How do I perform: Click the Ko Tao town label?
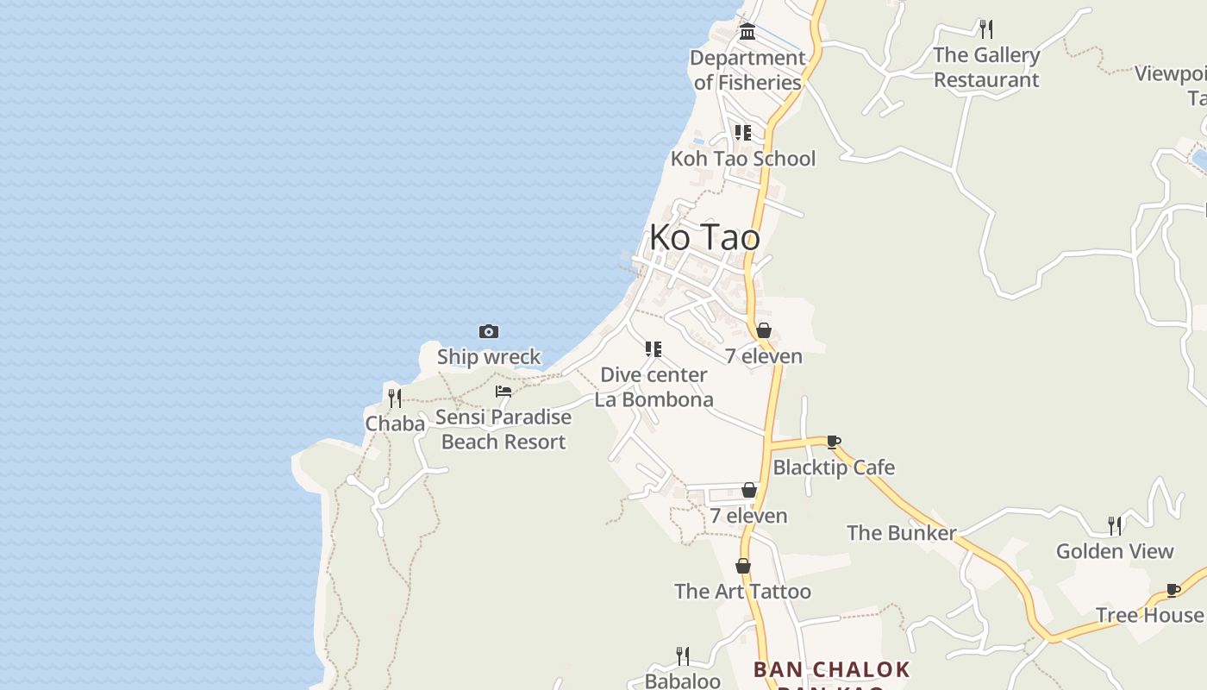pos(704,237)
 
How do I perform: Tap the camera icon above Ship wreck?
pos(489,332)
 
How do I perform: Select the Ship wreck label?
pos(489,356)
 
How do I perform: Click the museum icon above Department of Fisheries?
pos(747,32)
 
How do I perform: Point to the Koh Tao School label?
pos(742,159)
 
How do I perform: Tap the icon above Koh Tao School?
pos(742,133)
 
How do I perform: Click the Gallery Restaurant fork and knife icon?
pos(986,29)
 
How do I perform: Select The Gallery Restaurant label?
pos(986,67)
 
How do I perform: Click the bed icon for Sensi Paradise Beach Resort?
pos(503,392)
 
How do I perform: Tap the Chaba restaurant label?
pos(395,423)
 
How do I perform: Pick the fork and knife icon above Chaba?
pos(395,398)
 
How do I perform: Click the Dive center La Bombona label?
pos(654,387)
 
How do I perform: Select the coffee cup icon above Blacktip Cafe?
pos(834,442)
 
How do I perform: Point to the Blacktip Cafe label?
pos(834,467)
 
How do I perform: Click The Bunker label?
pos(901,533)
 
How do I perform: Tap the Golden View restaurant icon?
pos(1115,525)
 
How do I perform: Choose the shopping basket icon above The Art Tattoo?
pos(743,566)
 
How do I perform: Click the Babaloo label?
pos(682,681)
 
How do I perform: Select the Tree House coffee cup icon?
pos(1173,590)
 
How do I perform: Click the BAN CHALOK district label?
pos(831,670)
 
